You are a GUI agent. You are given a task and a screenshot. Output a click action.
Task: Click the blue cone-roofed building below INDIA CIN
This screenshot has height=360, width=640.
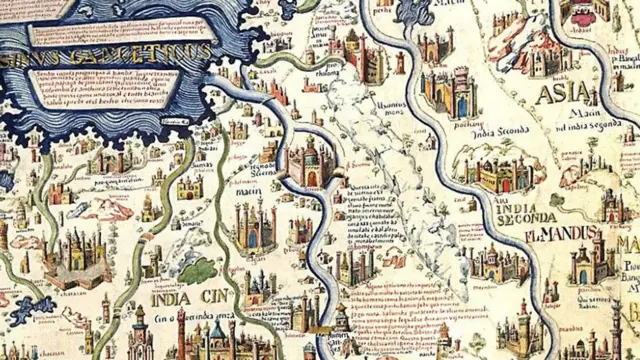coord(217,335)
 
